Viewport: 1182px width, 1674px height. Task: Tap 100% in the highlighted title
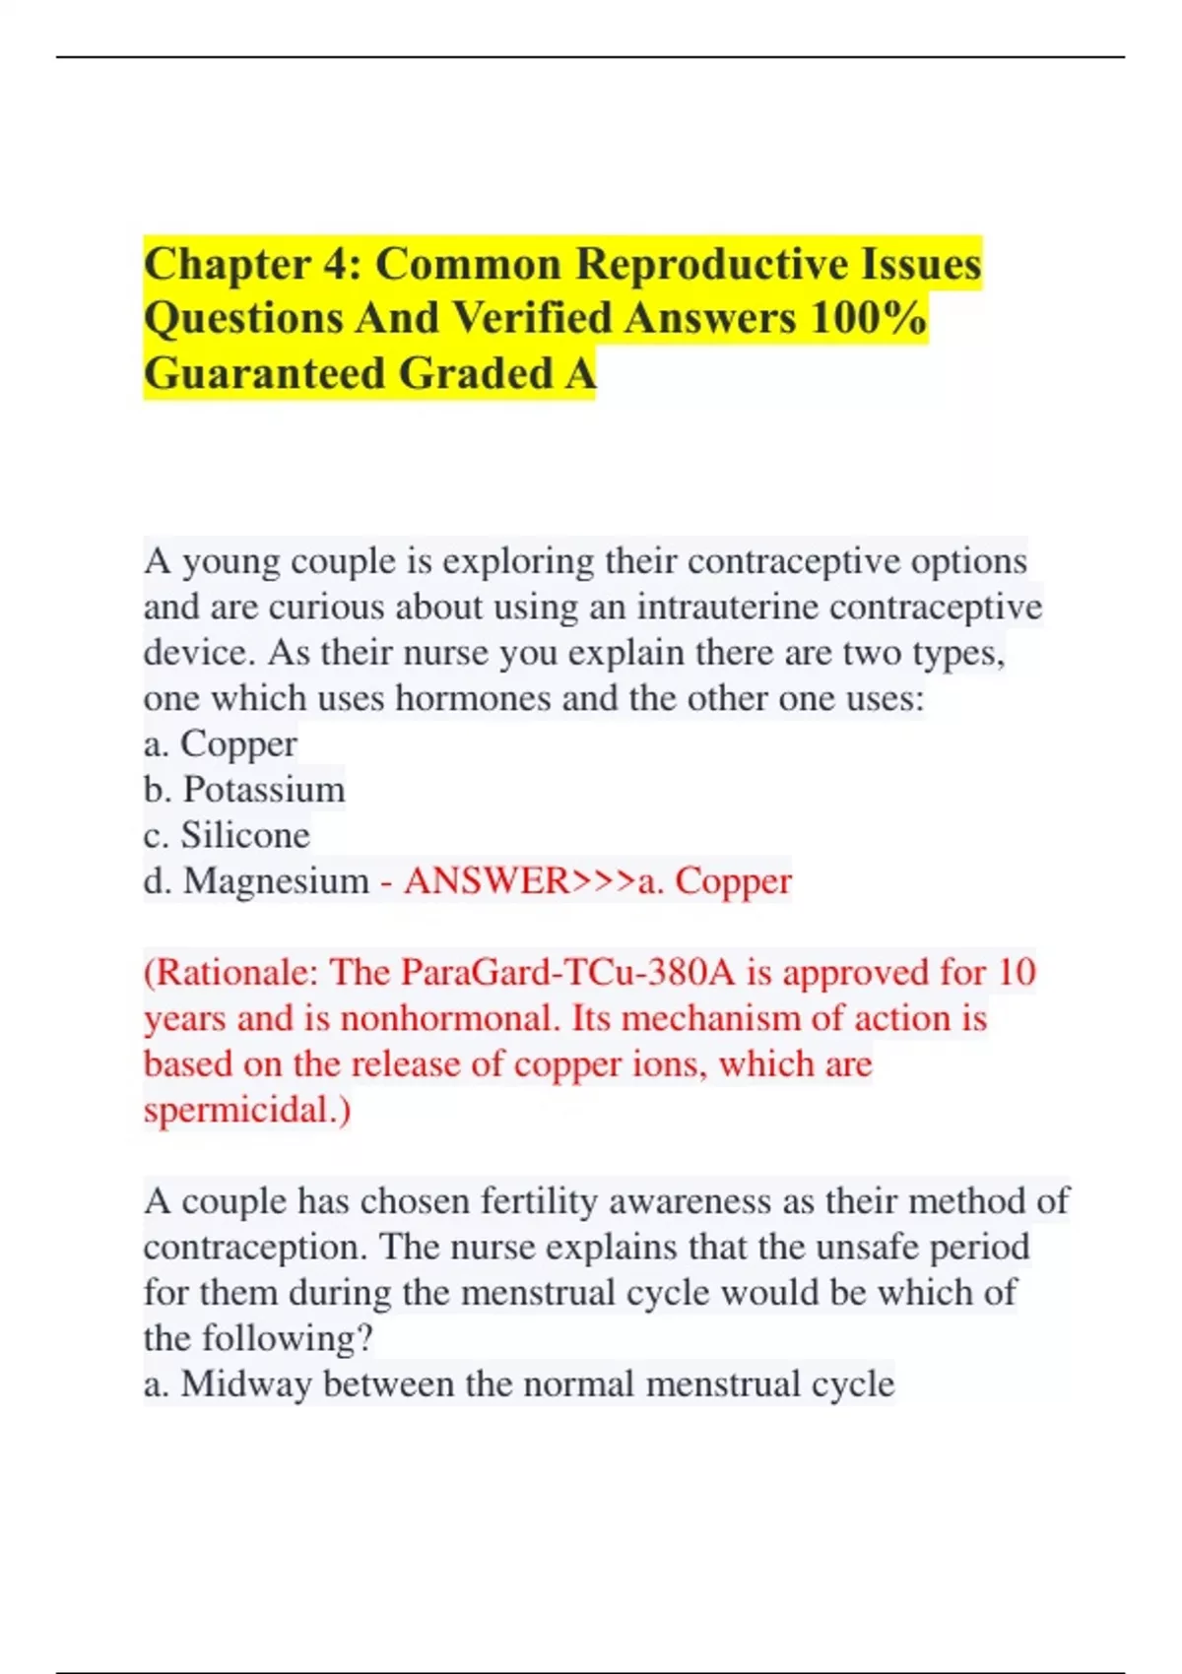[x=868, y=319]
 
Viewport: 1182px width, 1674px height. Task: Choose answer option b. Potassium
[x=244, y=790]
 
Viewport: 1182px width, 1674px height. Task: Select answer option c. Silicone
[x=227, y=835]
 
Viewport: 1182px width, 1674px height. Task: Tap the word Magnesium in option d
[x=276, y=881]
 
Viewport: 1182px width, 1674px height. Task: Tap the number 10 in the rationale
[x=1016, y=973]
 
